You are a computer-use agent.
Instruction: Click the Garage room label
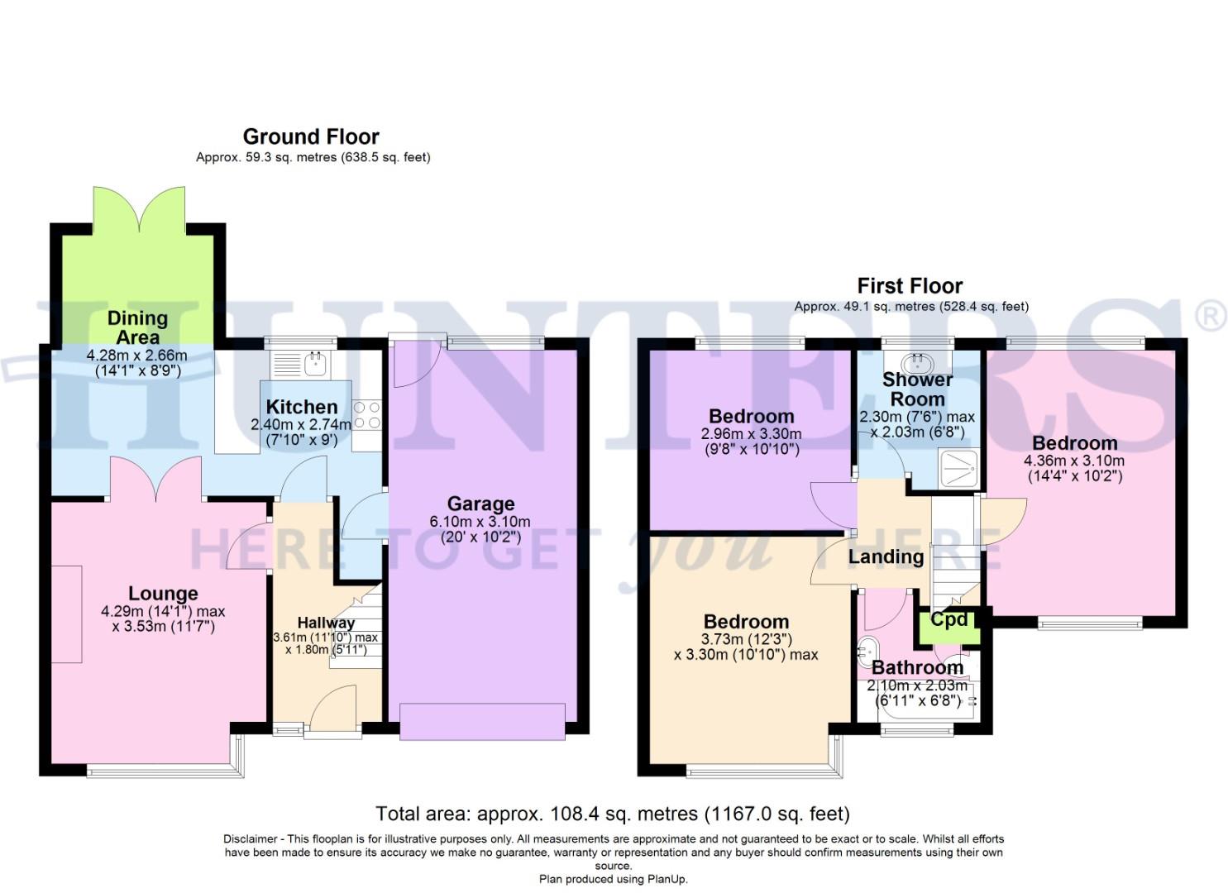480,504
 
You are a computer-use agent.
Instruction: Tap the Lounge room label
163,594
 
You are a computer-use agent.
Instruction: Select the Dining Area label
137,327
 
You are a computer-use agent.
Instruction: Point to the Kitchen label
302,407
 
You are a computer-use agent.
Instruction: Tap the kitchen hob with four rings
366,415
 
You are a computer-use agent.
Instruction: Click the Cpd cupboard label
948,619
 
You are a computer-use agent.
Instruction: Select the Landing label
886,556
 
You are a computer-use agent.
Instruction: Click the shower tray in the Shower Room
958,468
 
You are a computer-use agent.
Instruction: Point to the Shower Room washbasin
917,361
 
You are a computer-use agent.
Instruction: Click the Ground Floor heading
311,136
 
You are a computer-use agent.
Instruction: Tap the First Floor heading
910,286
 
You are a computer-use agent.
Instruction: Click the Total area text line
613,814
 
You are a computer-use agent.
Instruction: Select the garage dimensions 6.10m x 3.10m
480,522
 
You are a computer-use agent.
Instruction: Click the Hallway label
326,623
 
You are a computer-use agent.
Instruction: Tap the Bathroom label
917,667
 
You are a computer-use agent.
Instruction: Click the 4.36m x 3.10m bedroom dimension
1074,461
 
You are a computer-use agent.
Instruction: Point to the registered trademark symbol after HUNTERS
1211,317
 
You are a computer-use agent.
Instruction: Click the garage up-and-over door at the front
482,720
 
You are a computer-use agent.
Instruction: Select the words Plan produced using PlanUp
613,879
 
